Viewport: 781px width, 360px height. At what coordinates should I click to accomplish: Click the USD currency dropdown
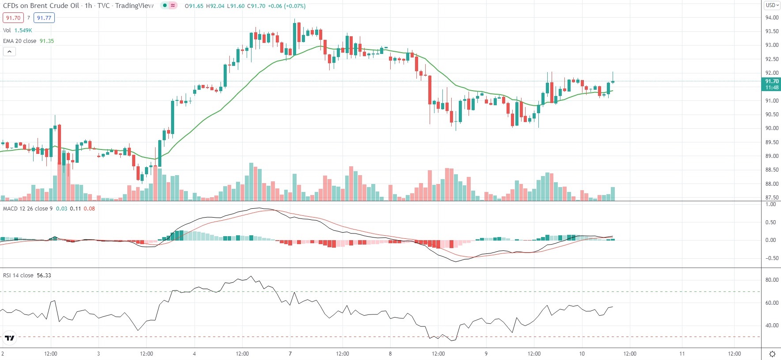(772, 5)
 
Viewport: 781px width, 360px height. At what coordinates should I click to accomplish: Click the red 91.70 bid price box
(13, 18)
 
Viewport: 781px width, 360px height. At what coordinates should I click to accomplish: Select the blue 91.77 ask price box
(44, 18)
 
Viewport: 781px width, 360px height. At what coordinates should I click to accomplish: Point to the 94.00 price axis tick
(772, 18)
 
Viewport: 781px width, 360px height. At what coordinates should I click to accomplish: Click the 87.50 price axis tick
(772, 198)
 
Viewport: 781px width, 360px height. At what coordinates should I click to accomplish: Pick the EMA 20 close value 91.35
(47, 41)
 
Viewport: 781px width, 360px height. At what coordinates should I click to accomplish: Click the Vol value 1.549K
(23, 31)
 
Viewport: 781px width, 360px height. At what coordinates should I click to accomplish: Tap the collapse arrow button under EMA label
(9, 52)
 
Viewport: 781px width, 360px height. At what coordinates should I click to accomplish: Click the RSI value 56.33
(44, 276)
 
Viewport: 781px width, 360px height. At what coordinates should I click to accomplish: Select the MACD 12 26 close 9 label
(27, 209)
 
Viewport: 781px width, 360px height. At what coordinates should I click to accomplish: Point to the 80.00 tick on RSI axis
(772, 280)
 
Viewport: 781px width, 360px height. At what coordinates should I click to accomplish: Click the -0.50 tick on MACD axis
(770, 258)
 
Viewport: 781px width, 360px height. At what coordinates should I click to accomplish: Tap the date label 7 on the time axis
(290, 354)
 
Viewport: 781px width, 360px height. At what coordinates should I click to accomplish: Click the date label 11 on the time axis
(682, 354)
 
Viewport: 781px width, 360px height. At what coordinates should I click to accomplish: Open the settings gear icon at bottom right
(772, 354)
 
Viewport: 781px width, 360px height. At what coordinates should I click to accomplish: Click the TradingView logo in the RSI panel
(9, 338)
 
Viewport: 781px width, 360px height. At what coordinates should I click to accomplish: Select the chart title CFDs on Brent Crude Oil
(41, 6)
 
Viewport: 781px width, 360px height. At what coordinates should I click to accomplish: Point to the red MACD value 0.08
(89, 209)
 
